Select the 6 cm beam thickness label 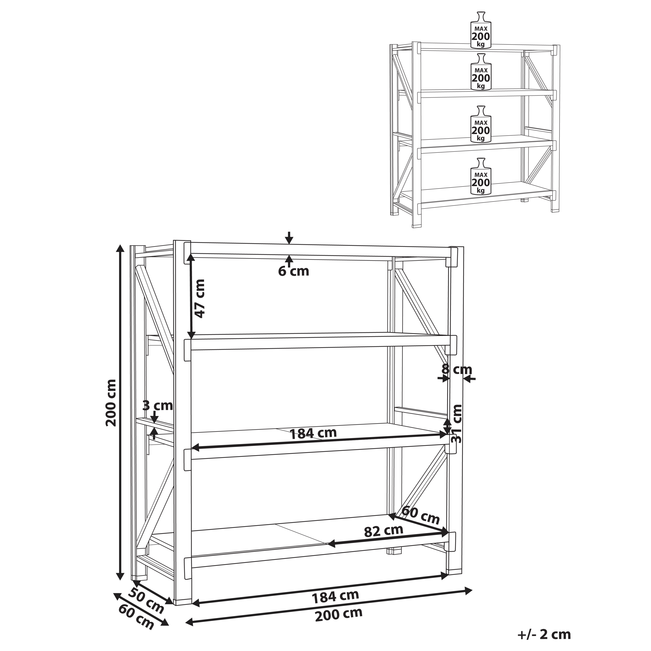point(293,271)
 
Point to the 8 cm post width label point(457,370)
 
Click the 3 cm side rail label point(157,405)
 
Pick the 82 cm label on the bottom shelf point(383,531)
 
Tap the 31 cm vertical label point(456,424)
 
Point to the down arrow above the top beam point(289,238)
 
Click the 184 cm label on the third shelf point(313,433)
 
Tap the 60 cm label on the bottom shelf point(421,515)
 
